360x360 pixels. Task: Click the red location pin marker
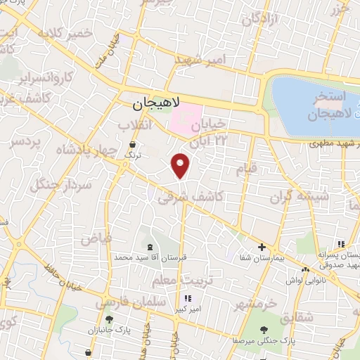pyautogui.click(x=181, y=165)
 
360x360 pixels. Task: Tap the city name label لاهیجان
pyautogui.click(x=156, y=104)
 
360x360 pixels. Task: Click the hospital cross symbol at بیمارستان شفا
pyautogui.click(x=262, y=247)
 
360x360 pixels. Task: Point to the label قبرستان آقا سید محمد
pyautogui.click(x=153, y=258)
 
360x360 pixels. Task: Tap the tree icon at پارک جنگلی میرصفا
pyautogui.click(x=264, y=329)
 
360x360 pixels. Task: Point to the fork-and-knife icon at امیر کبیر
pyautogui.click(x=186, y=297)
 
